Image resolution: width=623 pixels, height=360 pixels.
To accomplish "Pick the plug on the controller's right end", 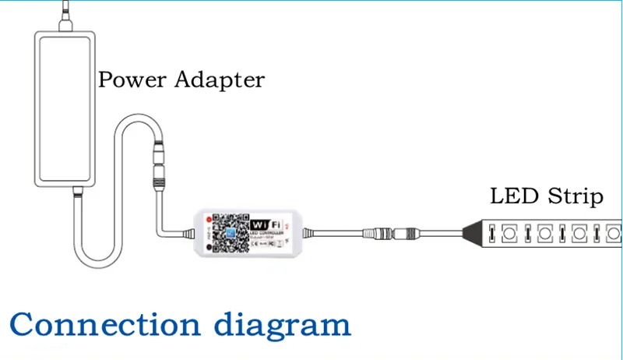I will click(x=306, y=231).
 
